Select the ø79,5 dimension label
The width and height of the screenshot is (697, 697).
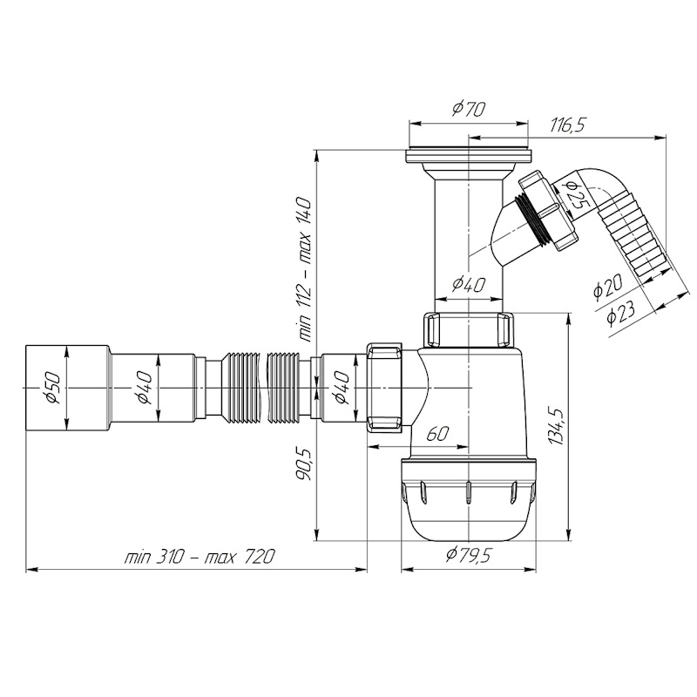(x=469, y=555)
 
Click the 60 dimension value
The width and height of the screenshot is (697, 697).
(x=437, y=433)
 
